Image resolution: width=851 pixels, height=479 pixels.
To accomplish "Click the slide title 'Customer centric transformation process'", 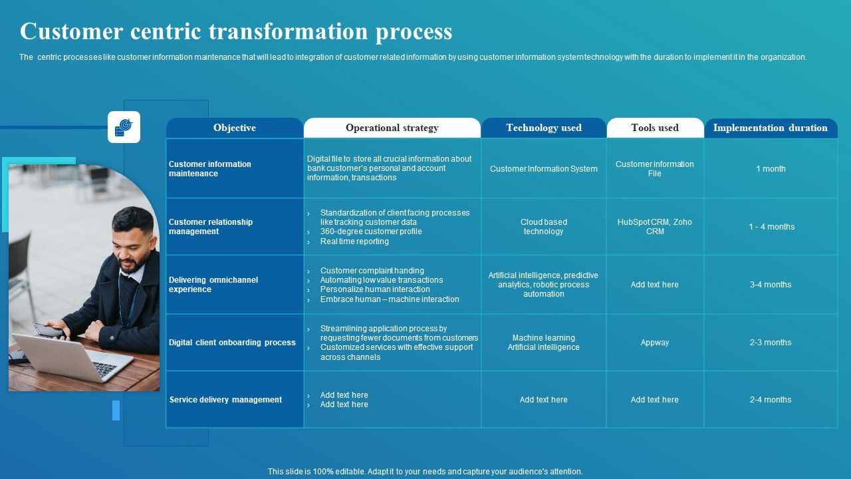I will [236, 32].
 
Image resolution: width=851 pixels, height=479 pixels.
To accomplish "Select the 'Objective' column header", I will [234, 128].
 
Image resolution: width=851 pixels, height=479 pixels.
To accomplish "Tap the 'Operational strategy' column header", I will [392, 128].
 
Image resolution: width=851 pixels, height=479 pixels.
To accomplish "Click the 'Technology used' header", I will [543, 128].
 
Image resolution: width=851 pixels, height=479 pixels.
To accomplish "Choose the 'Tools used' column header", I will [655, 128].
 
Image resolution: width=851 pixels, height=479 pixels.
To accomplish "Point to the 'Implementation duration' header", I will [770, 128].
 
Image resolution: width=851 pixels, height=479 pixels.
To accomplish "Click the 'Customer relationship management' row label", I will [211, 227].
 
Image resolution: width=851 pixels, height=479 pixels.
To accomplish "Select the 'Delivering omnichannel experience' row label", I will [213, 285].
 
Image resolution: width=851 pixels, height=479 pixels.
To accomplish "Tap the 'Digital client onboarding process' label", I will [232, 343].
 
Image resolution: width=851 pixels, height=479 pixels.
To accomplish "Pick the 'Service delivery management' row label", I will [225, 400].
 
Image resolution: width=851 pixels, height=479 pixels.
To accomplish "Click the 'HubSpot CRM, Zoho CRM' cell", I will [655, 227].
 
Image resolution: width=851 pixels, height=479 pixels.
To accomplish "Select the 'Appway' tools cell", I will [655, 343].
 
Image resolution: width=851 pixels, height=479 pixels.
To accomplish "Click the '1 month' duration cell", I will [771, 169].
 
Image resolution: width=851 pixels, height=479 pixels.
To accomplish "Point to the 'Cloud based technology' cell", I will [543, 227].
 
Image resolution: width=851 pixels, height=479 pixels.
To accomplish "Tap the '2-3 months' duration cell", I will [771, 343].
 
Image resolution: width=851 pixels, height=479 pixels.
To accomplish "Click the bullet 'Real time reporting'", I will [354, 241].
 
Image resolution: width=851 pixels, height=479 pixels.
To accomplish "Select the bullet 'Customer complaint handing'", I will [372, 271].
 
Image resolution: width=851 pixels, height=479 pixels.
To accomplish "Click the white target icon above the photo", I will [124, 127].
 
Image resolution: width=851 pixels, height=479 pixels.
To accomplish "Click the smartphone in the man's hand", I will [49, 329].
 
